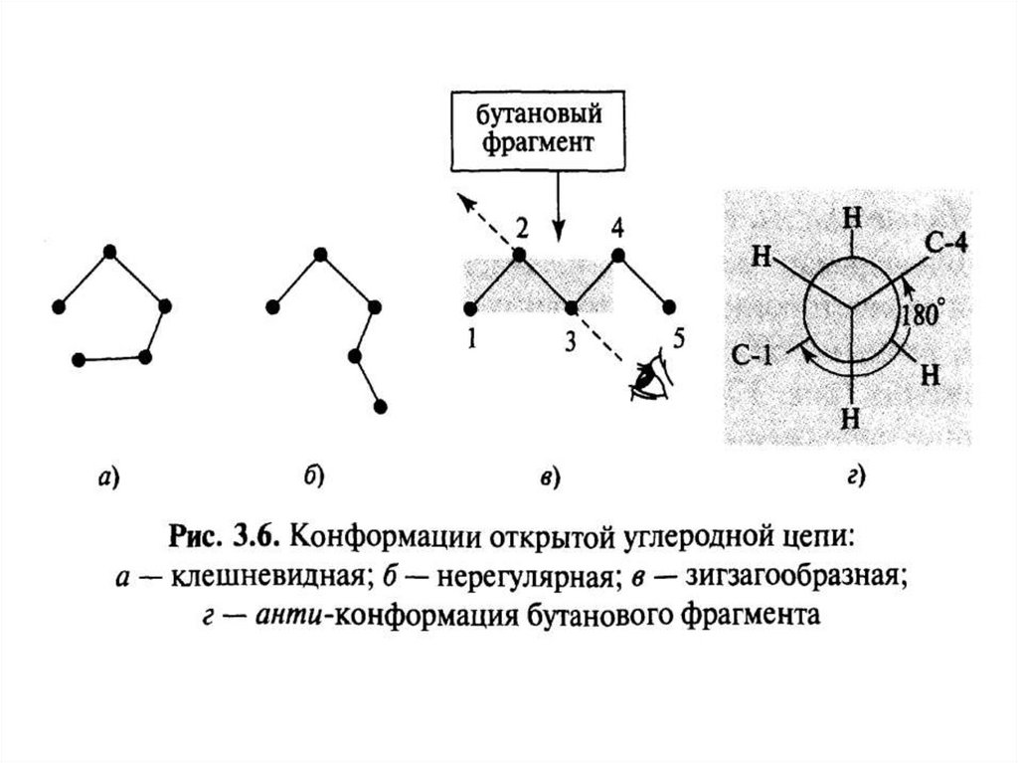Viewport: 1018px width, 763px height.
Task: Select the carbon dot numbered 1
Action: (470, 304)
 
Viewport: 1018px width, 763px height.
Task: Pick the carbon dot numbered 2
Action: (519, 256)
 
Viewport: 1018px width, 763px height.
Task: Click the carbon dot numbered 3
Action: (571, 305)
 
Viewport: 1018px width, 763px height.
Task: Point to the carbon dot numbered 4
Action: (617, 256)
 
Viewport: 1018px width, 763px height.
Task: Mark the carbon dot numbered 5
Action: (669, 305)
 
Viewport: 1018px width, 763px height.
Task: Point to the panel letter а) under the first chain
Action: (109, 478)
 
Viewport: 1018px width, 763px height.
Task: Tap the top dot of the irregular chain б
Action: (320, 255)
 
